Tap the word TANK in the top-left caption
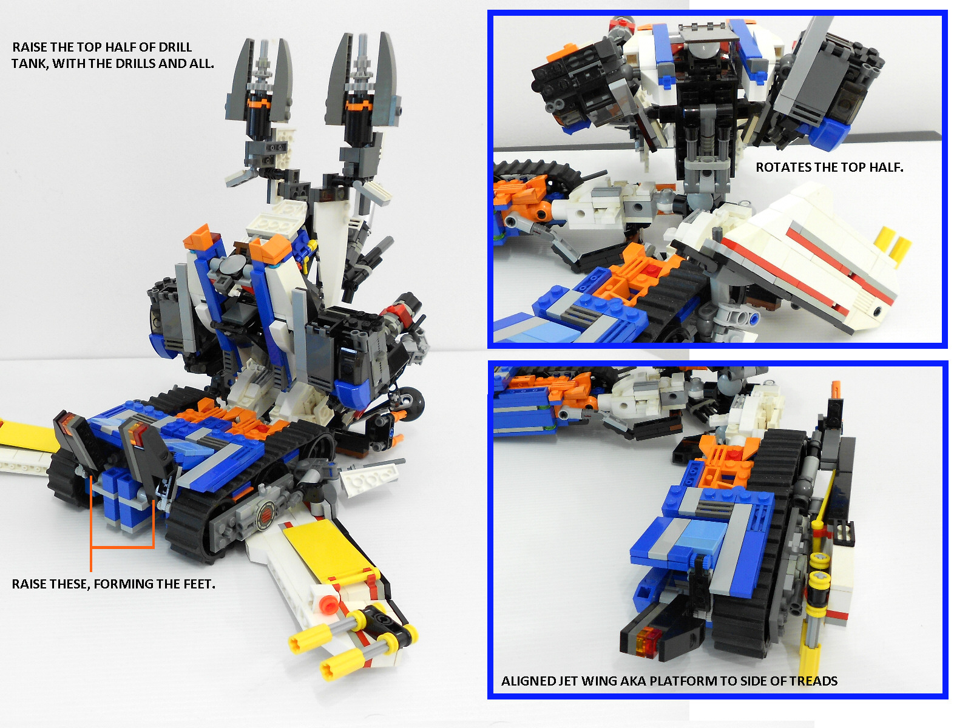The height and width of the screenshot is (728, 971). pos(30,63)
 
